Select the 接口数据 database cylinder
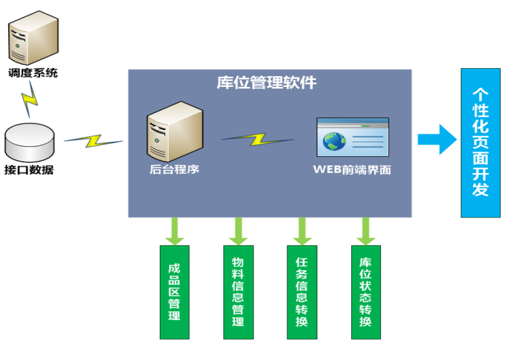[x=30, y=141]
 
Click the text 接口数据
[x=29, y=170]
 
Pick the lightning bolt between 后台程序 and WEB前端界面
[x=257, y=138]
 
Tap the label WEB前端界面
[x=352, y=169]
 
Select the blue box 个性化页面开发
[x=480, y=142]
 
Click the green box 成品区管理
[x=174, y=292]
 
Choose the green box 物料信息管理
[x=238, y=292]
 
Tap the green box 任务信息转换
[x=302, y=292]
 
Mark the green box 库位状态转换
[x=365, y=292]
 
